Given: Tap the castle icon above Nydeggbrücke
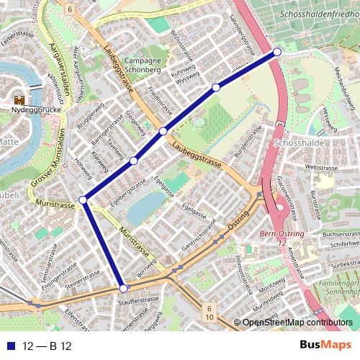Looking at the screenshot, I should tap(19, 100).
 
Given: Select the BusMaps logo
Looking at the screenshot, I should tap(325, 345).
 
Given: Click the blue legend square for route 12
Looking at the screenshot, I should tap(11, 346).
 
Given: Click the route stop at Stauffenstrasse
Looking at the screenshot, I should tap(123, 288).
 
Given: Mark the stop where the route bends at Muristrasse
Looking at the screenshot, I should tap(84, 199).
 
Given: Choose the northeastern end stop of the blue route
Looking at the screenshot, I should tap(277, 52).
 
